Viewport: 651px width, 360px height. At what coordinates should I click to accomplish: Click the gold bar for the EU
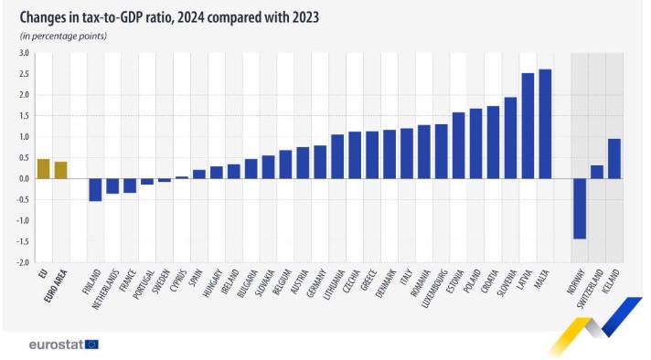(43, 169)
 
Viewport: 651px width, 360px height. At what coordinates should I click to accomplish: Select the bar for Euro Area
(60, 170)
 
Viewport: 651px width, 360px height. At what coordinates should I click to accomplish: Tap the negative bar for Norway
(579, 208)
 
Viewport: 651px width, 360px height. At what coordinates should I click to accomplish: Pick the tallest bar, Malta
(545, 123)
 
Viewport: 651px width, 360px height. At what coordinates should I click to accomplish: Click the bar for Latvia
(528, 125)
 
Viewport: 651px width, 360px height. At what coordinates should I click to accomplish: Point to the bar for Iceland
(614, 158)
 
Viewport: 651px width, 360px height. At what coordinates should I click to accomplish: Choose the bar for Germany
(320, 162)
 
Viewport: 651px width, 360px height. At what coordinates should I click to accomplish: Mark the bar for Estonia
(458, 145)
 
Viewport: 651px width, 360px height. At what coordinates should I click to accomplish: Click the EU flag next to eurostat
(91, 344)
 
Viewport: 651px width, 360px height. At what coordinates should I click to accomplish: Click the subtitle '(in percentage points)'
(63, 36)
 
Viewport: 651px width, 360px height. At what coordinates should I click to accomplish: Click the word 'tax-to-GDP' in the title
(124, 16)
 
